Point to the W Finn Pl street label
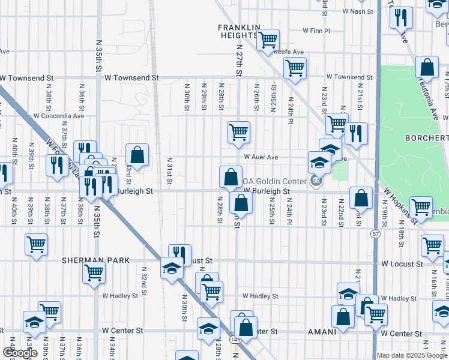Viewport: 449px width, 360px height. (x=316, y=30)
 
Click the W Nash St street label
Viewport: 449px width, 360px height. (x=358, y=11)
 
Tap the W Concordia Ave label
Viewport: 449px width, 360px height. (x=59, y=116)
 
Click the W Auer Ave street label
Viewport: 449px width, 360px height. (x=261, y=157)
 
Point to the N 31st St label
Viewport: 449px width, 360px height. (x=169, y=173)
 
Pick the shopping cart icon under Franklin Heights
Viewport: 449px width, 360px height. (x=268, y=40)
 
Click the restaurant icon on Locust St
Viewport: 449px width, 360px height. (x=179, y=254)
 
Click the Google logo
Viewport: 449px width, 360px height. (x=19, y=353)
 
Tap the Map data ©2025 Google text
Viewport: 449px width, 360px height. (x=411, y=355)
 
